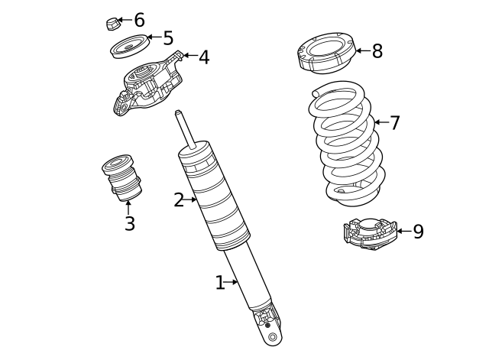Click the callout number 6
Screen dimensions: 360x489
tap(139, 20)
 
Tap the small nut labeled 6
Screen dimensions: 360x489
tap(112, 23)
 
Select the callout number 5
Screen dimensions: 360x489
tap(168, 38)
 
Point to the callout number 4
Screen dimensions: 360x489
tap(203, 57)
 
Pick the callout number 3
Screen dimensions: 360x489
tap(129, 224)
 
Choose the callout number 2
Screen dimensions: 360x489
tap(178, 200)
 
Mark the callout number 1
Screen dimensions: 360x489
tap(219, 283)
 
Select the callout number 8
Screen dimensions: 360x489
tap(377, 51)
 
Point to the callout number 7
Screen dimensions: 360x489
tap(394, 122)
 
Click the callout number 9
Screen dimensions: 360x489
tap(418, 232)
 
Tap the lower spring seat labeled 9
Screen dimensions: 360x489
tap(369, 234)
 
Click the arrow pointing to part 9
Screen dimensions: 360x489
tap(403, 232)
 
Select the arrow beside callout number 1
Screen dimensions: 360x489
tap(232, 283)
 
